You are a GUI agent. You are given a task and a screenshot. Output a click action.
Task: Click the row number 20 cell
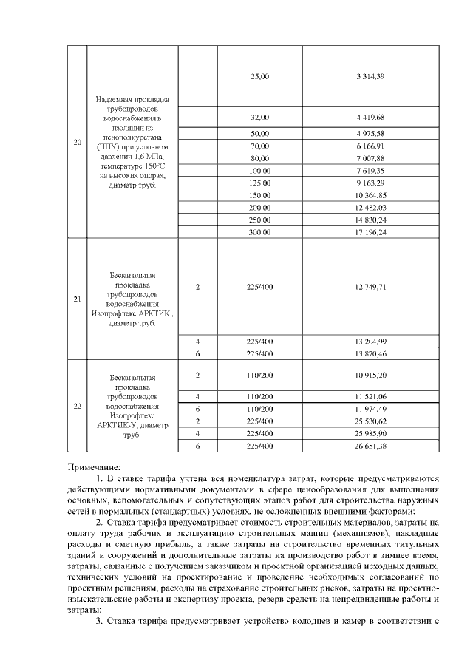click(x=77, y=142)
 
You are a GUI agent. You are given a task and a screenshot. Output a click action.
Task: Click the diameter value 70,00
click(x=260, y=146)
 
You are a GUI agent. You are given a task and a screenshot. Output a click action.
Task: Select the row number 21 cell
click(x=77, y=299)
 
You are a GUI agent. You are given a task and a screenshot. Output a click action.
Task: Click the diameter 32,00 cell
click(x=260, y=117)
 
